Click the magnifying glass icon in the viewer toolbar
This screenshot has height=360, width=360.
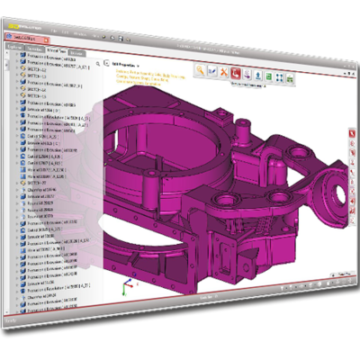pyautogui.click(x=201, y=69)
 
